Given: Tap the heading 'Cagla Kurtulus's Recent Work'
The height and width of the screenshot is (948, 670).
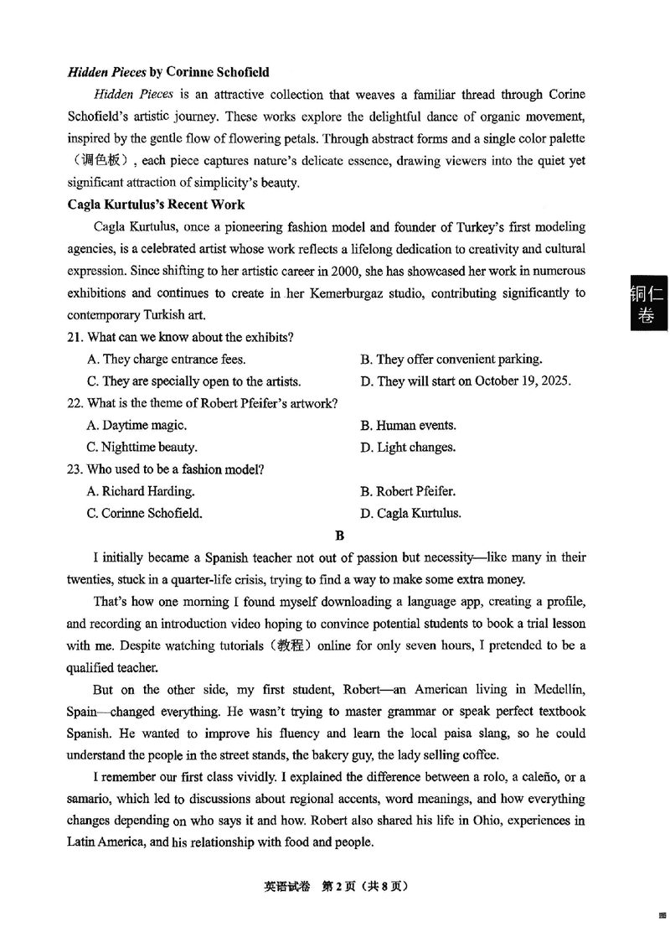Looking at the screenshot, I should (156, 205).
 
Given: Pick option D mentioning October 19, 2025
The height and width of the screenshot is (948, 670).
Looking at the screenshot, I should (466, 381).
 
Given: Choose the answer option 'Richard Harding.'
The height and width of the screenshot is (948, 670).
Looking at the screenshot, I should (141, 491).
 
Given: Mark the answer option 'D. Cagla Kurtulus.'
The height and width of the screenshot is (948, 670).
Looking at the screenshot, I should (410, 513).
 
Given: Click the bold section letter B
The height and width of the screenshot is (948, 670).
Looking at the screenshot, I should (339, 535).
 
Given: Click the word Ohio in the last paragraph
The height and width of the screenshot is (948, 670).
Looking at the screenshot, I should (465, 821).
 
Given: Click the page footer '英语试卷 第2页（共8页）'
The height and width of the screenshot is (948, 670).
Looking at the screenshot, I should (335, 886).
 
